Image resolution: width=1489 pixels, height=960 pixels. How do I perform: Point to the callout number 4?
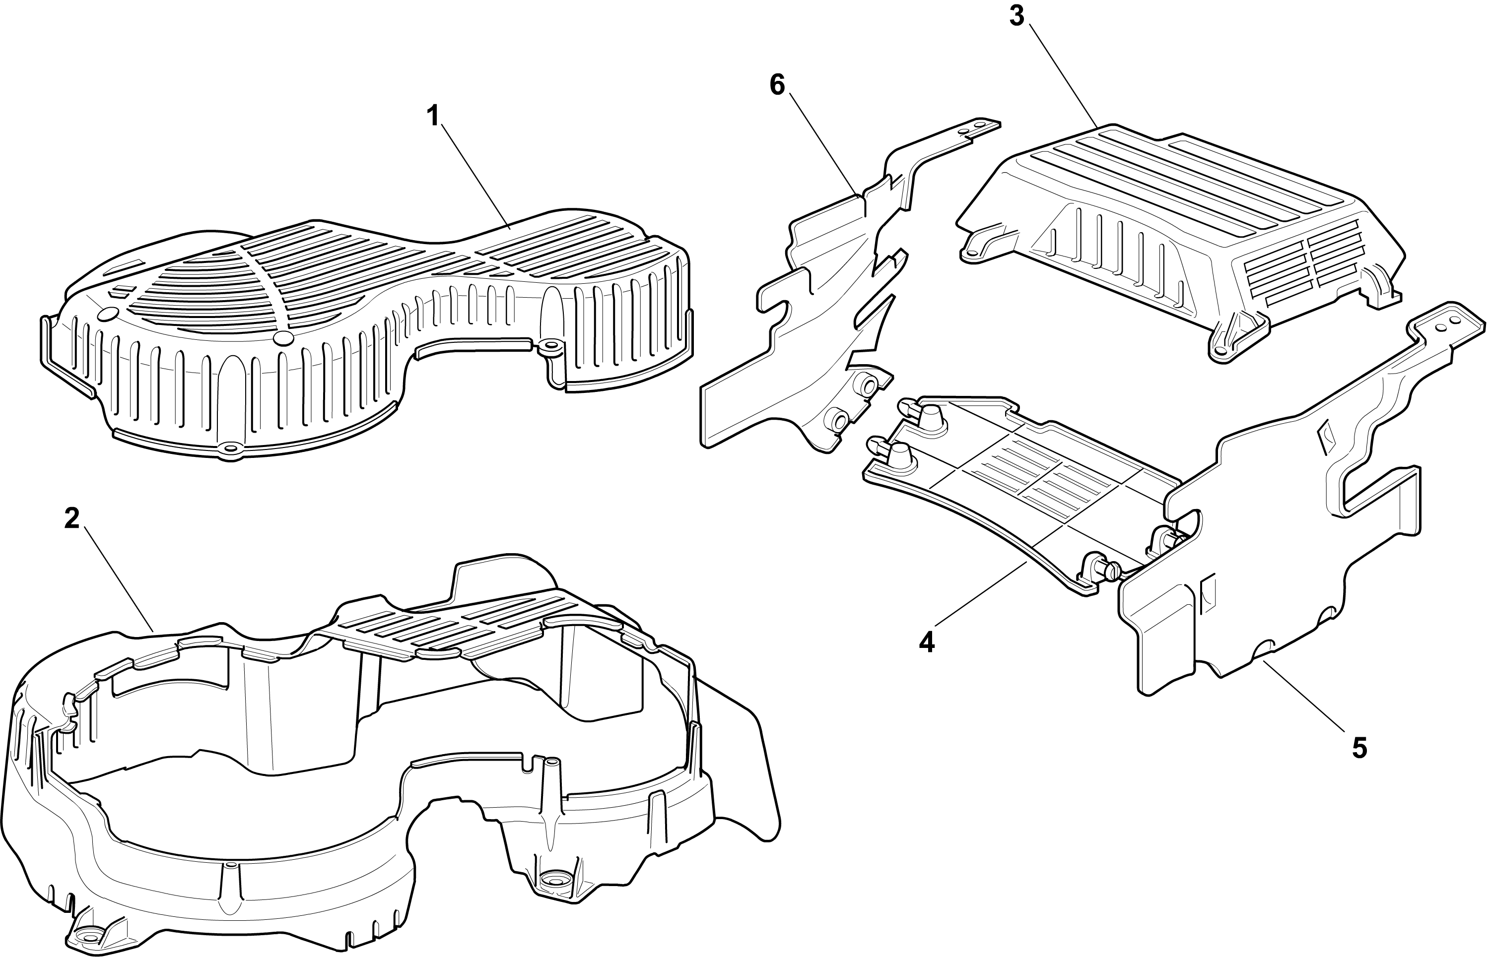coord(927,642)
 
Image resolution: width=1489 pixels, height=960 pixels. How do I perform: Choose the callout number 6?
coord(777,85)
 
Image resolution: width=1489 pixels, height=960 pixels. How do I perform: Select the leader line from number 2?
coord(119,580)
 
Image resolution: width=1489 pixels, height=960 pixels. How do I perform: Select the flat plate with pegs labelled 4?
coord(1022,493)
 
